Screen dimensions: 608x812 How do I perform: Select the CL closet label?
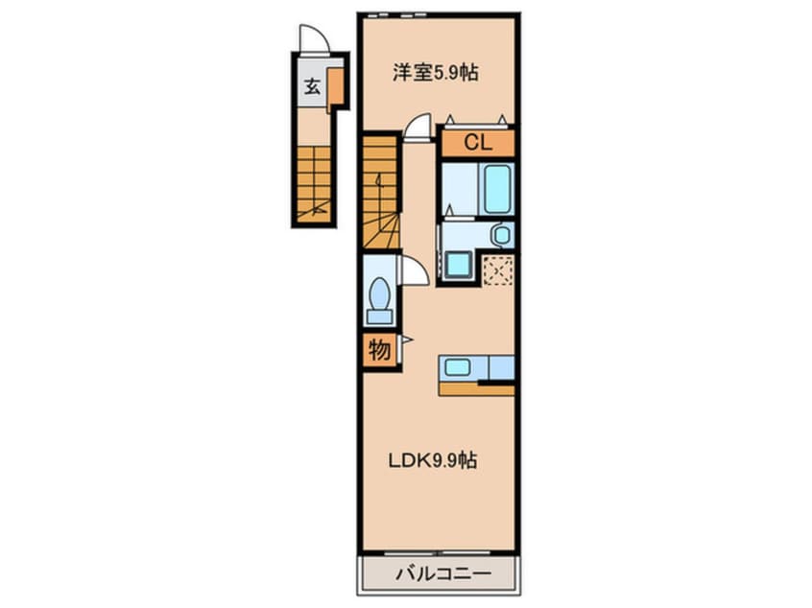tap(477, 143)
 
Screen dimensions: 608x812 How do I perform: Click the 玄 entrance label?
tap(312, 87)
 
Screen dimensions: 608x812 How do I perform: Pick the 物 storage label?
tap(379, 351)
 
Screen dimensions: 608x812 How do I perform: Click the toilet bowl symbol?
tap(380, 292)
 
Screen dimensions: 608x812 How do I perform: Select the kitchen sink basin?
tap(458, 367)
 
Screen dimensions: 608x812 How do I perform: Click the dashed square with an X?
tap(496, 270)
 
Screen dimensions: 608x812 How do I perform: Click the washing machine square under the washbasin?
tap(456, 264)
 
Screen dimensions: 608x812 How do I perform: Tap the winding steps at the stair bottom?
tap(380, 234)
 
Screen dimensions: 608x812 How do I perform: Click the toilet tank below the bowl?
tap(380, 315)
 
